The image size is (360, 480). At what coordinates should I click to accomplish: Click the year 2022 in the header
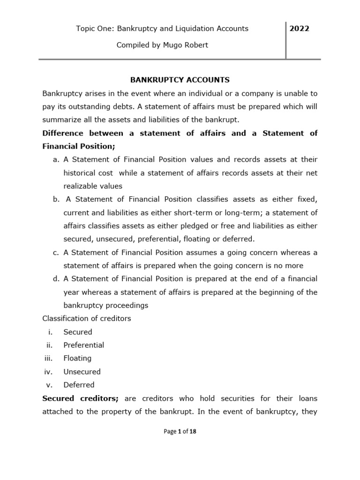coord(299,29)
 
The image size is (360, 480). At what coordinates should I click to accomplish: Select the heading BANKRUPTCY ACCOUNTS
coord(180,80)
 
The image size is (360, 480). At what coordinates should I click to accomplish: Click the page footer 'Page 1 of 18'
coord(180,432)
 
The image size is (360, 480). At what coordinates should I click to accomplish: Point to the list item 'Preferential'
coord(84,345)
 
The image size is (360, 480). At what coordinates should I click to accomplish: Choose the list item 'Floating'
coord(78,358)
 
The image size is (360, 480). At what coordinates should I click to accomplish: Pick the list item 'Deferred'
coord(79,385)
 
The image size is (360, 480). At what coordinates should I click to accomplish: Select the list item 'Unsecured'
coord(82,372)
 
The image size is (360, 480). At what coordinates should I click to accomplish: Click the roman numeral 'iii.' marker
coord(48,358)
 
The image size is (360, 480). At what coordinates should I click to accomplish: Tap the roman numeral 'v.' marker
coord(50,385)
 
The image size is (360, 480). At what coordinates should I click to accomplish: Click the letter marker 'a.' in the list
coord(56,160)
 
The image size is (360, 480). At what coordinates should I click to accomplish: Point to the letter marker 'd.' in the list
coord(56,279)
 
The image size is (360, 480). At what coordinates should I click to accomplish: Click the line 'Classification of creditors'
coord(87,319)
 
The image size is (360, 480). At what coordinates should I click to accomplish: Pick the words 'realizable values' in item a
coord(93,186)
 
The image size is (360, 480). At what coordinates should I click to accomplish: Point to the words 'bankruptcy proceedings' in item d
coord(106,306)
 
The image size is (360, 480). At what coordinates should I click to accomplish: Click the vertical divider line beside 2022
coord(286,40)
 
